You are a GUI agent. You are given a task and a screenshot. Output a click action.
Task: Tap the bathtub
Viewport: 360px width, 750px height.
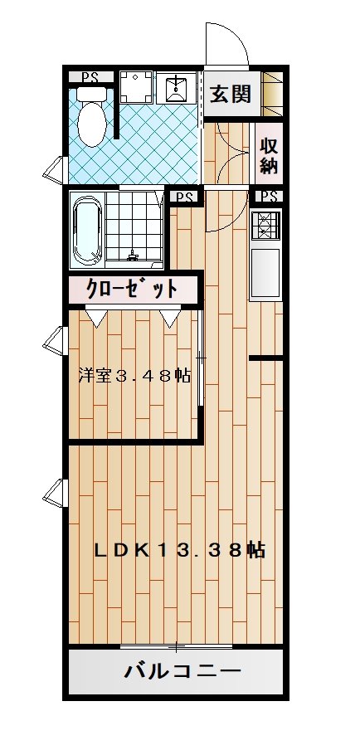(86, 229)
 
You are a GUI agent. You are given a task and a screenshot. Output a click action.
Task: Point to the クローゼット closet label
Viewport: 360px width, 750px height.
(131, 289)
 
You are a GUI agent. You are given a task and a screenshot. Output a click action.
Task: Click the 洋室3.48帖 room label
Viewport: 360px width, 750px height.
(134, 376)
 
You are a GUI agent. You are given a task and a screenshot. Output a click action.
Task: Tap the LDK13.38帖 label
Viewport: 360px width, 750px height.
(179, 550)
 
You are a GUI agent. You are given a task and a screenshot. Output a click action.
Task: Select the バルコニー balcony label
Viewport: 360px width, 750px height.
(182, 671)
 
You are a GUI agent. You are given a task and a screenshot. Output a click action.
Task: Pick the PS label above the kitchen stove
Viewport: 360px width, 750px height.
(269, 197)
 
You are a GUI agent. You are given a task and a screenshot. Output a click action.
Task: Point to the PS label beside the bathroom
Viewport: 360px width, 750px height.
(184, 197)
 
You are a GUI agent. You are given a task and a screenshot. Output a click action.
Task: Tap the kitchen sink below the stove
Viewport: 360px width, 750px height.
(265, 273)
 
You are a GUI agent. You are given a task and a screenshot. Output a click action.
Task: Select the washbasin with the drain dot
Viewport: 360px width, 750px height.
(177, 86)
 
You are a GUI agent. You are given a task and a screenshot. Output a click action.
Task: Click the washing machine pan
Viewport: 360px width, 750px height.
(135, 86)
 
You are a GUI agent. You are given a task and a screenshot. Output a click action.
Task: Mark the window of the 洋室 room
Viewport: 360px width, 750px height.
(54, 340)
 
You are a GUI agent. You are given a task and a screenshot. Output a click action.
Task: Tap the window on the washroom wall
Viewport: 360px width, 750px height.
(54, 169)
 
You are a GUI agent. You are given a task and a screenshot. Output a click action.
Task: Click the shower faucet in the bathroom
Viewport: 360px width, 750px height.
(133, 256)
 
